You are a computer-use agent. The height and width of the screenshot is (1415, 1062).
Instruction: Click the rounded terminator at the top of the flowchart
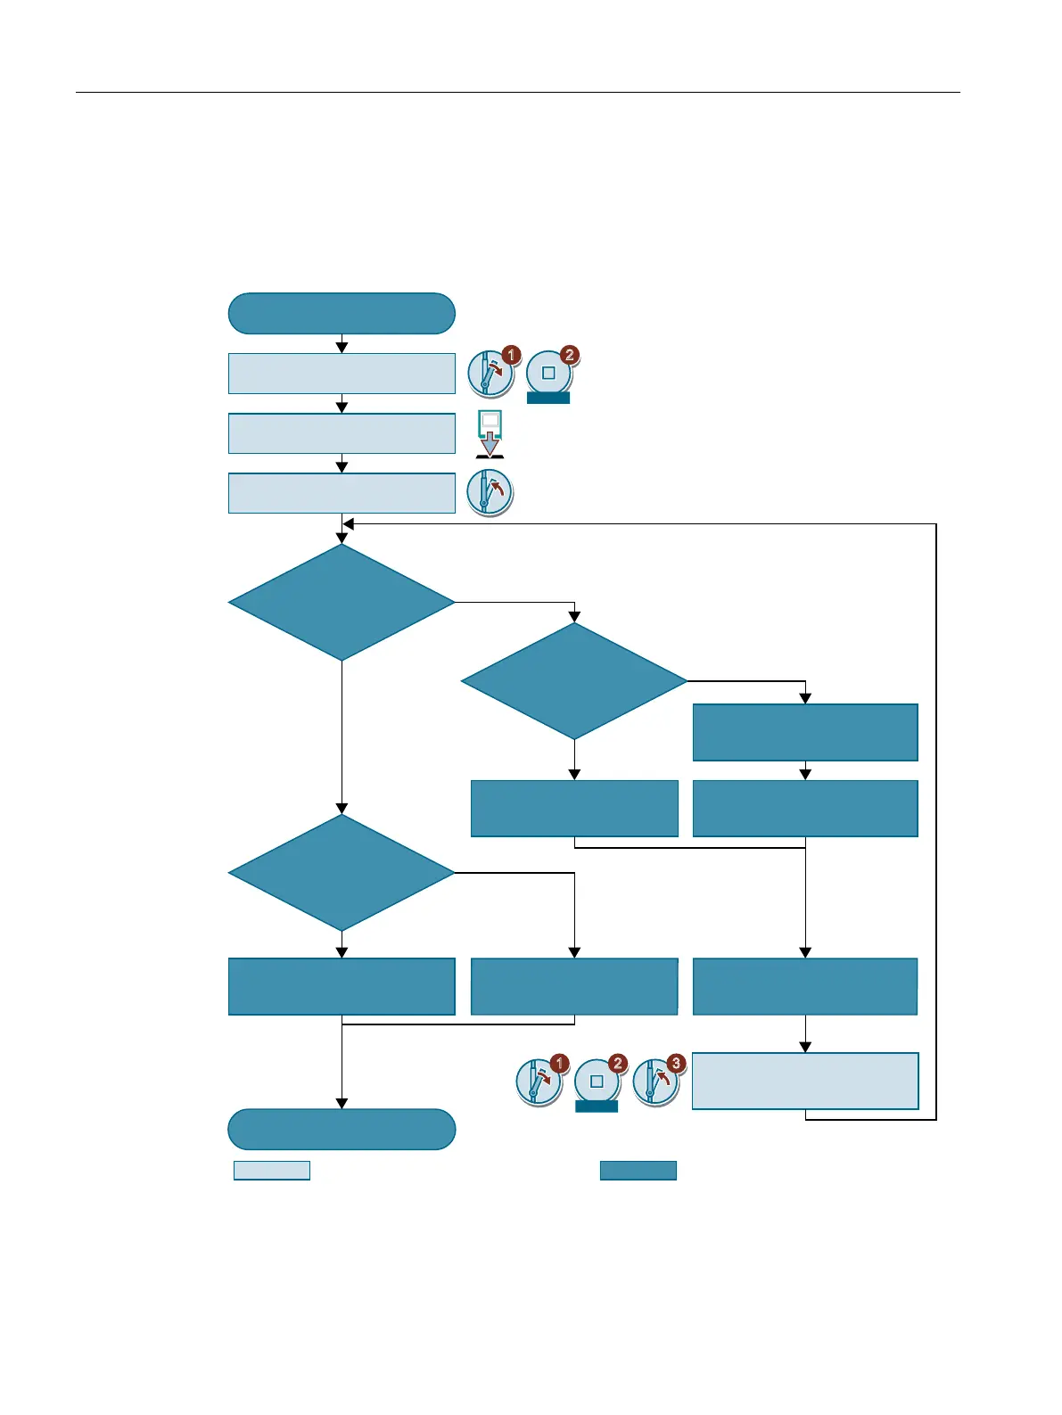(342, 313)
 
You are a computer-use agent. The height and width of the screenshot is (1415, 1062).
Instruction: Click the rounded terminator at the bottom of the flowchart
(342, 1129)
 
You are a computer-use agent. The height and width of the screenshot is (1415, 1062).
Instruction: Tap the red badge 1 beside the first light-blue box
(511, 355)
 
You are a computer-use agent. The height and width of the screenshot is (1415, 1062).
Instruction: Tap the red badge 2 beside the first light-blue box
(570, 355)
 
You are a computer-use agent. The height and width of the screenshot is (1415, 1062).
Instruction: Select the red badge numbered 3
(676, 1063)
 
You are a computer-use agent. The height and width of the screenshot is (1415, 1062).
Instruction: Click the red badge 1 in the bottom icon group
(559, 1063)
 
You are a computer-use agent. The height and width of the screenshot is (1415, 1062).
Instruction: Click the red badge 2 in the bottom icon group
(617, 1063)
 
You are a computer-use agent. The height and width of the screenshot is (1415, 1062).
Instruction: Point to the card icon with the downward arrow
(490, 433)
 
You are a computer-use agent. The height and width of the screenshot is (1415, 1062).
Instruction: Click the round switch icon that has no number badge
(490, 492)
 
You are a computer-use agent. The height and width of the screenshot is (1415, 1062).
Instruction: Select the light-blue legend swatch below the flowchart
(271, 1170)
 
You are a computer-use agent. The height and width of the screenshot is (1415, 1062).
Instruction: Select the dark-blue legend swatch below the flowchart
(638, 1170)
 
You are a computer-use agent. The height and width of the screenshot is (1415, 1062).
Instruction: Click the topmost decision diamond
(342, 603)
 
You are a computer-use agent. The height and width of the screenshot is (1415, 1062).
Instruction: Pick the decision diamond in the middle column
(574, 681)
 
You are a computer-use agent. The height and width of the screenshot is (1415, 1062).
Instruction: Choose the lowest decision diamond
(342, 872)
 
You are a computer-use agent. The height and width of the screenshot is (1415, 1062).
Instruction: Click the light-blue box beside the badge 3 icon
(804, 1081)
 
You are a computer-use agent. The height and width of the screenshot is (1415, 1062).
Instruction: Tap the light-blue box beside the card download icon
(342, 433)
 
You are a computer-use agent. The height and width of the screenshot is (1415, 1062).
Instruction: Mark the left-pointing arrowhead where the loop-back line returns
(349, 524)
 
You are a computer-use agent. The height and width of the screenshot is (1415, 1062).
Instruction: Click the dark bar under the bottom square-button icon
(597, 1106)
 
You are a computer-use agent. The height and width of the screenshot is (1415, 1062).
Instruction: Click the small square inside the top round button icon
(548, 374)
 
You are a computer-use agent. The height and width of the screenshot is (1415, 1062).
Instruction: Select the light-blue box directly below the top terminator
(342, 374)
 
